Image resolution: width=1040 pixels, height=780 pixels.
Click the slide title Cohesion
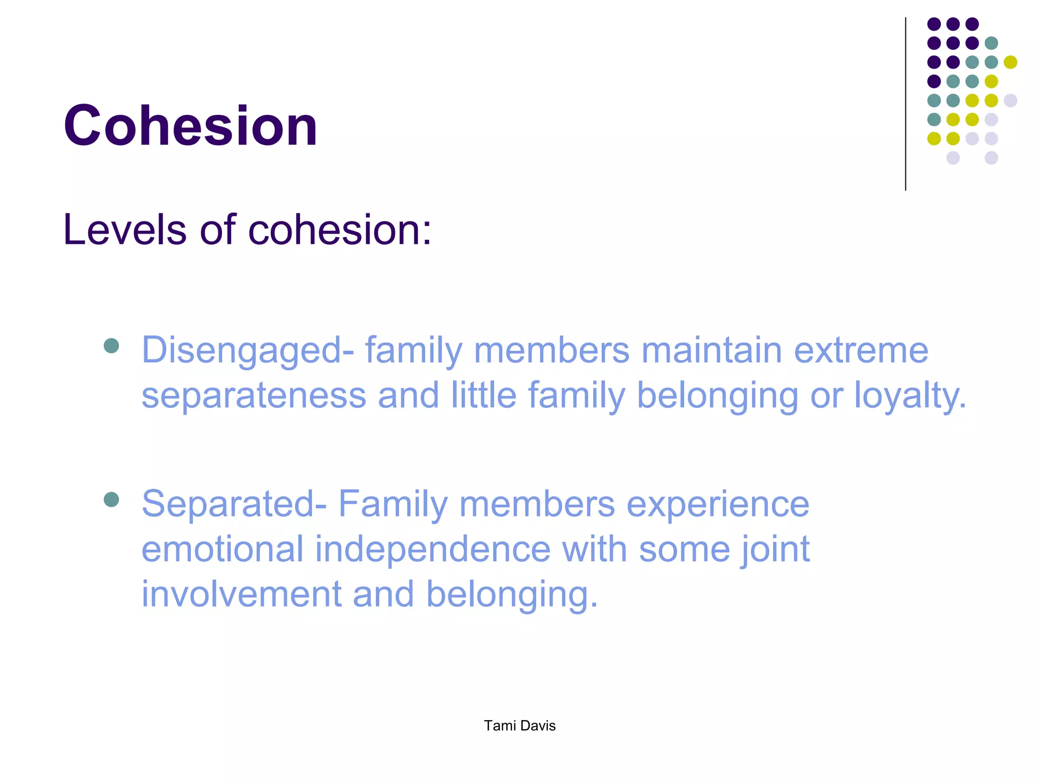tap(190, 126)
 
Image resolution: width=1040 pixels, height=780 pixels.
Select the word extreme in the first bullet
tap(861, 351)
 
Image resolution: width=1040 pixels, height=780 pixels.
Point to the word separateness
tap(253, 396)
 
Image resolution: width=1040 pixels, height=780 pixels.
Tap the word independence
tap(432, 549)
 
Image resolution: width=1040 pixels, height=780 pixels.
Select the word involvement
tap(241, 594)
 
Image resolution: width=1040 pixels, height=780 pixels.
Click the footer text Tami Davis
tap(519, 726)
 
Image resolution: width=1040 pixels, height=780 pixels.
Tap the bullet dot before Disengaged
tap(111, 346)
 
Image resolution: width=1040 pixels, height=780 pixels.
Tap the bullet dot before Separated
tap(111, 500)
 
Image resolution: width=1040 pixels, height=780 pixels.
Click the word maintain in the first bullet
tap(711, 351)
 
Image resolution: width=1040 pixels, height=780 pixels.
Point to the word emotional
tap(222, 549)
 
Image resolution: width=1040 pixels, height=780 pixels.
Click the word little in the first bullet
tap(483, 396)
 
